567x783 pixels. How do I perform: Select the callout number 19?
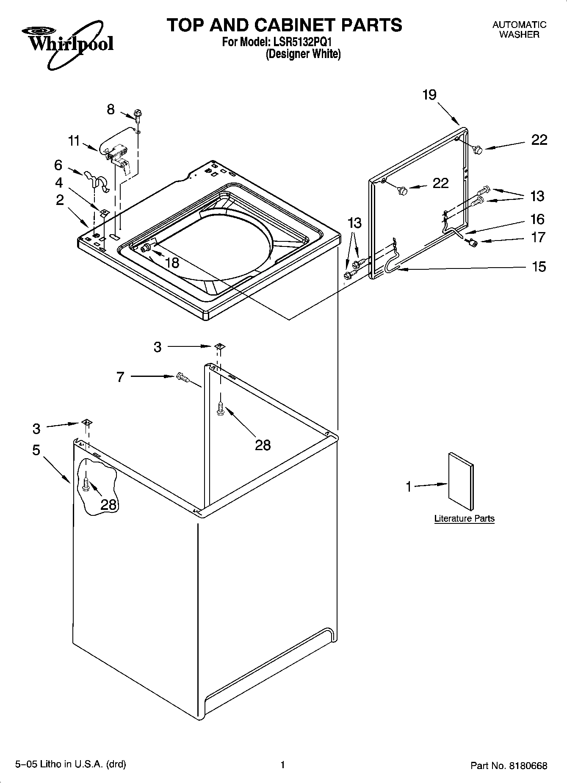(429, 94)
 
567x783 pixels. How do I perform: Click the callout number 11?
(74, 141)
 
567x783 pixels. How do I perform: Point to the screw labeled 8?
(137, 113)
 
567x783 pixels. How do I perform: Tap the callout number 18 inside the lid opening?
(172, 263)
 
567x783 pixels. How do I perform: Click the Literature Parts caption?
(464, 518)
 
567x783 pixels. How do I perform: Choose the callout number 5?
(36, 450)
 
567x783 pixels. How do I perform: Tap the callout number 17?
(538, 237)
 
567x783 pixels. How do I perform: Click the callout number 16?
(537, 219)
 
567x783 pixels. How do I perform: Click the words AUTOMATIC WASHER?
(519, 30)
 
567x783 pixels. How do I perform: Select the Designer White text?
(303, 54)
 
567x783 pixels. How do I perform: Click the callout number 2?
(60, 200)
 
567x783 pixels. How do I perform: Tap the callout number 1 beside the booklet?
(409, 487)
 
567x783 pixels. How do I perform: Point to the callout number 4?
(59, 183)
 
